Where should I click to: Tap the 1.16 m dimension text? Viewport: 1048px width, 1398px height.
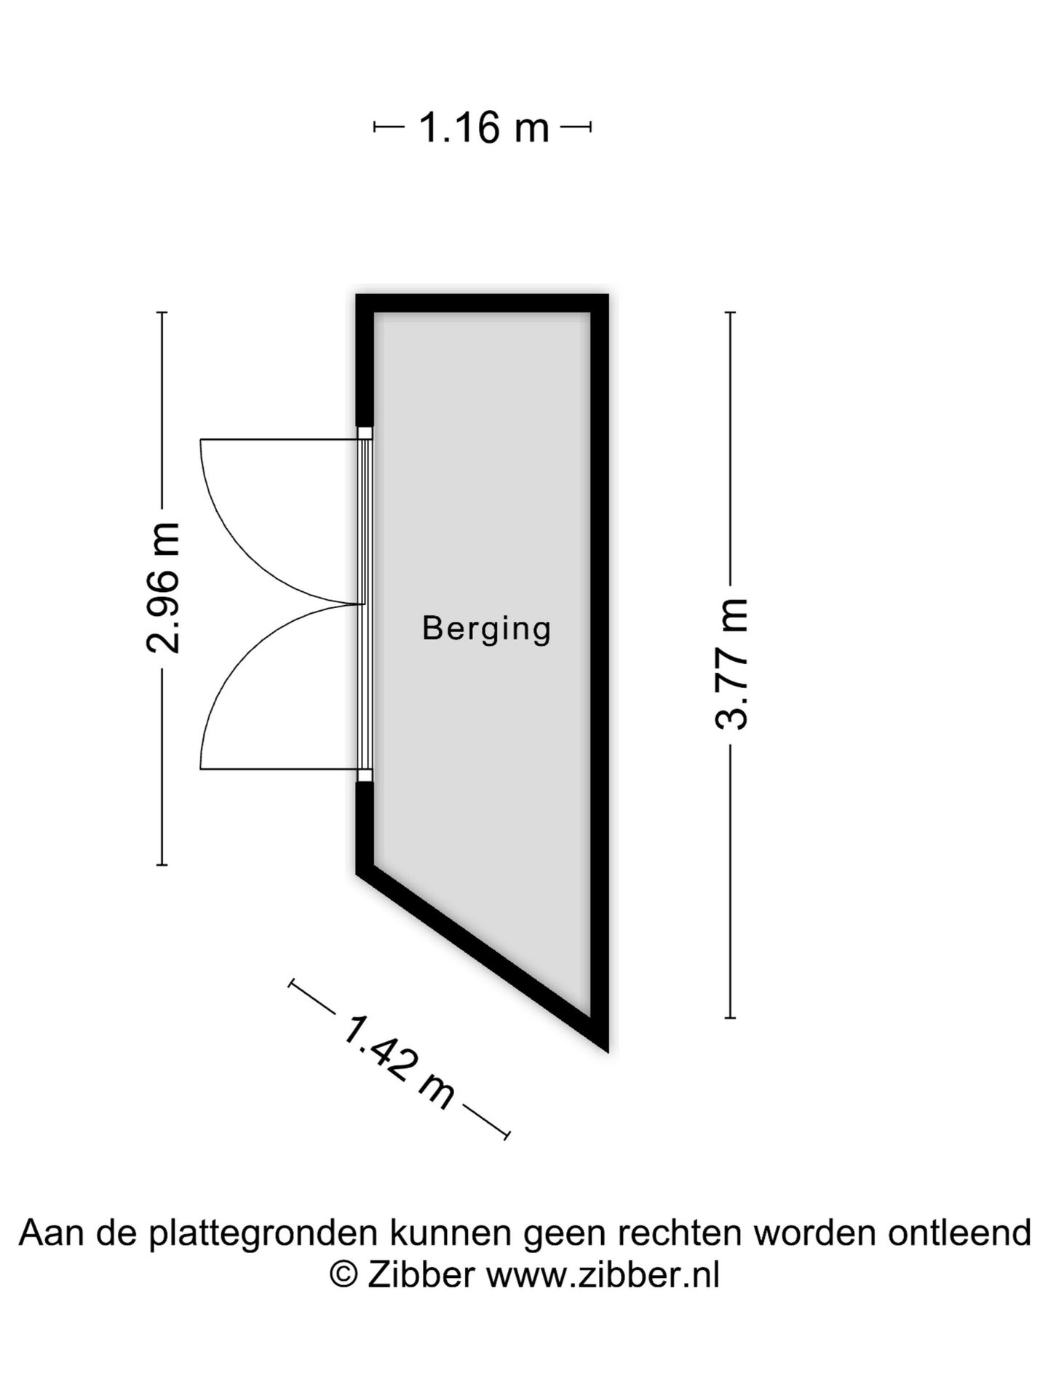(x=483, y=127)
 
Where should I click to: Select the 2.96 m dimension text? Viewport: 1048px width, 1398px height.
(x=163, y=588)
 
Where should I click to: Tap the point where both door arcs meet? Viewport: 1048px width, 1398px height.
(x=362, y=604)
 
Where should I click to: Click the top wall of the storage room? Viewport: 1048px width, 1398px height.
(x=482, y=303)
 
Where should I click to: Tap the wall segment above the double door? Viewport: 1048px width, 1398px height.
(x=365, y=360)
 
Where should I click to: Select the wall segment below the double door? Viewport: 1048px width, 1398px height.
(x=365, y=826)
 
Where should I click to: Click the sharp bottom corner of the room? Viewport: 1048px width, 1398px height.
(x=607, y=1051)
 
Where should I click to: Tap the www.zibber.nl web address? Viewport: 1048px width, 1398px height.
(x=603, y=1275)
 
